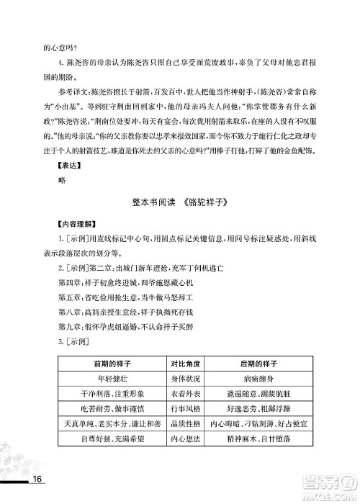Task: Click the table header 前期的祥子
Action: pyautogui.click(x=106, y=362)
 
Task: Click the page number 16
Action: pyautogui.click(x=39, y=480)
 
